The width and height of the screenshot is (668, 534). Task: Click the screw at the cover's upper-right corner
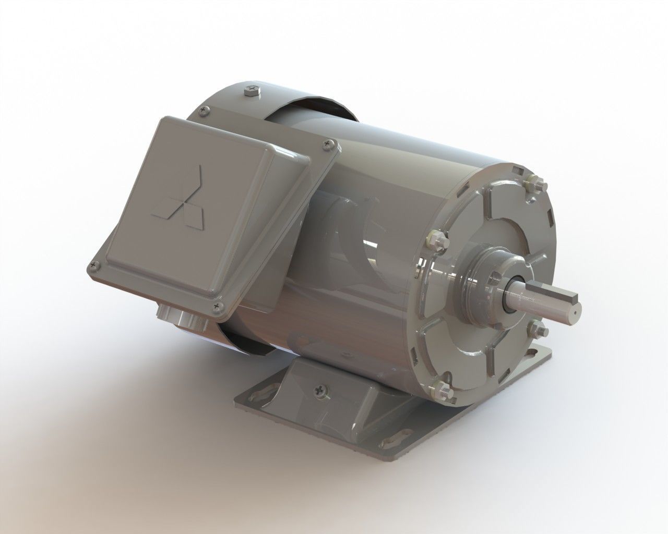click(328, 143)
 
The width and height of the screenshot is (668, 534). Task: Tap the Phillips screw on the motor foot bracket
click(319, 389)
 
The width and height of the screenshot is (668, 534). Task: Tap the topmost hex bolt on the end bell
click(536, 184)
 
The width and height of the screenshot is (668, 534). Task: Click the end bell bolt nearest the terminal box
click(436, 239)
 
